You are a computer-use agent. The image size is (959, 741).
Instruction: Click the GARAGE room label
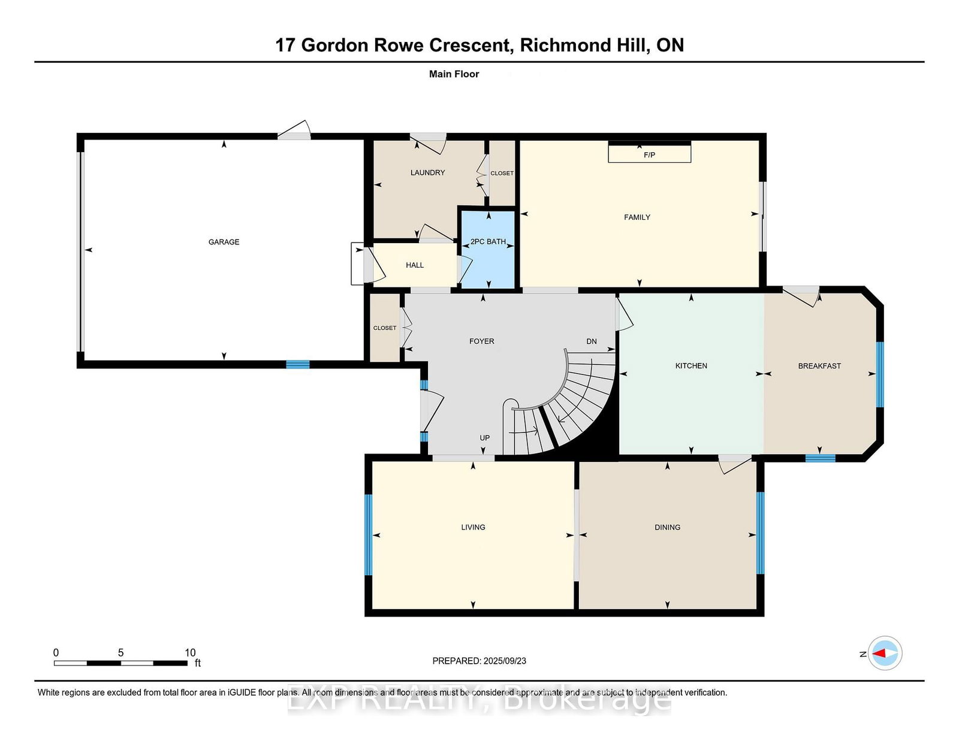click(224, 241)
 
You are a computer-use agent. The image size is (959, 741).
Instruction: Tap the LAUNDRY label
click(427, 173)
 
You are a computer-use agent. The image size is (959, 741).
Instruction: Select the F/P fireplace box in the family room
click(649, 152)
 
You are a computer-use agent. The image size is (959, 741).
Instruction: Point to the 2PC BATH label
click(488, 241)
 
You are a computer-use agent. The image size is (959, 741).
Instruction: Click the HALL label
click(415, 265)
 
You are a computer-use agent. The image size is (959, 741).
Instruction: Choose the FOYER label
click(481, 341)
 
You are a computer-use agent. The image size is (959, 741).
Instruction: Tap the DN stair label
click(592, 341)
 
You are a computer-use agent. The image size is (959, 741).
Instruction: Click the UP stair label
click(484, 437)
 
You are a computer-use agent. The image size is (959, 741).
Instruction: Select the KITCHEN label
click(691, 365)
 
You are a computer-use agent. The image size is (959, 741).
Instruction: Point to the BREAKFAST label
click(819, 365)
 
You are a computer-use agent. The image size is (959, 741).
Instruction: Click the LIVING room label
click(473, 527)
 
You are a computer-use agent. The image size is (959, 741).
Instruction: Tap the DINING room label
click(667, 527)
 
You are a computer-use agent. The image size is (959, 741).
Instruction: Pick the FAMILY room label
click(637, 217)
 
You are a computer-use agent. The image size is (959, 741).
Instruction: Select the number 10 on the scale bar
click(190, 653)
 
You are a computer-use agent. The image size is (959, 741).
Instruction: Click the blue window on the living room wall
click(369, 534)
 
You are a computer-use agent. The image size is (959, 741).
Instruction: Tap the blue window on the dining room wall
click(761, 533)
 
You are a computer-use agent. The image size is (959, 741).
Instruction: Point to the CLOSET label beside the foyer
click(385, 328)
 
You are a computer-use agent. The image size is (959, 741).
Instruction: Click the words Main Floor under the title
click(454, 74)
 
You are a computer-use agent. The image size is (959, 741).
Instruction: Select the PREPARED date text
click(479, 661)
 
